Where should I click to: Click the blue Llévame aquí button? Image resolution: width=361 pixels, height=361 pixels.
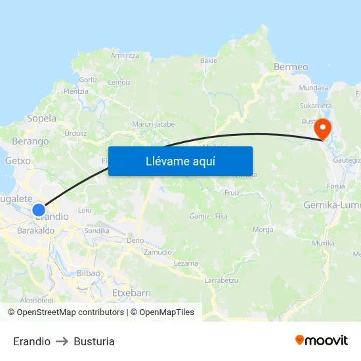(x=180, y=161)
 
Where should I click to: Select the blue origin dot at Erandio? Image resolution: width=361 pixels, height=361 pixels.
(x=39, y=210)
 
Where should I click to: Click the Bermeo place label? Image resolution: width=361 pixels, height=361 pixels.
(x=291, y=67)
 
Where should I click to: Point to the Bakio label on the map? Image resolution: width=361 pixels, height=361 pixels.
(x=209, y=60)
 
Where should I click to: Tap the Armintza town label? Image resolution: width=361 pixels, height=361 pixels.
(x=125, y=55)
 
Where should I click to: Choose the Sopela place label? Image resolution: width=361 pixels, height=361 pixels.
(x=41, y=119)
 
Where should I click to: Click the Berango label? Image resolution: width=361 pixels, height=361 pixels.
(x=31, y=141)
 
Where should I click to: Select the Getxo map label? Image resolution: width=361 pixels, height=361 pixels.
(x=18, y=160)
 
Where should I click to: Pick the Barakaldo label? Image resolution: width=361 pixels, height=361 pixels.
(x=36, y=230)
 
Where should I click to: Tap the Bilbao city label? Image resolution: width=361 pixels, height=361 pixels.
(x=88, y=272)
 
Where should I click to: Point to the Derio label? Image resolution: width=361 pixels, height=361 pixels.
(x=135, y=241)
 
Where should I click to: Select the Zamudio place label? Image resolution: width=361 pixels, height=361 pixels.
(x=157, y=252)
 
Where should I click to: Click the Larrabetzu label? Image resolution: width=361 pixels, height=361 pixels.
(x=221, y=280)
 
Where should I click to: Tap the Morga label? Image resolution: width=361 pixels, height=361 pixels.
(x=263, y=230)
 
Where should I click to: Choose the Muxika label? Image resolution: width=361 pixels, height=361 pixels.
(x=323, y=243)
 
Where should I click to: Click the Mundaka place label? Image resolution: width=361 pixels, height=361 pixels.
(x=314, y=87)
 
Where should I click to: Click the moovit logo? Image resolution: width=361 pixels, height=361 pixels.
(x=322, y=340)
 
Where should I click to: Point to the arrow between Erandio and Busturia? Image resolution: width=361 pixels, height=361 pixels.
(x=62, y=341)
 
